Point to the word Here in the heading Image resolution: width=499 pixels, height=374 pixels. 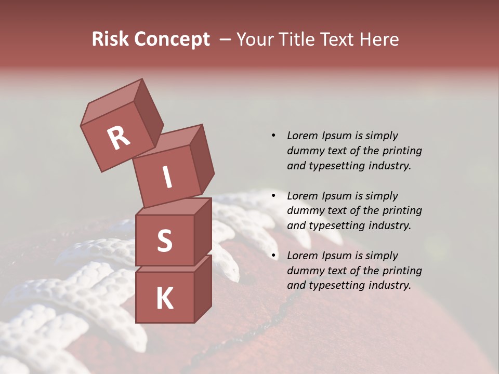click(381, 39)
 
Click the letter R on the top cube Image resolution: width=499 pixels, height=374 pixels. click(119, 138)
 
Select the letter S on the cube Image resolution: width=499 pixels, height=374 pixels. click(164, 241)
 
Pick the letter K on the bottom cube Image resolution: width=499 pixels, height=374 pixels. click(164, 299)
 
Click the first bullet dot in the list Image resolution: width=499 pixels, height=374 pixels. click(273, 136)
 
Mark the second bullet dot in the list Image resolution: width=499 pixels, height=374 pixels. click(273, 196)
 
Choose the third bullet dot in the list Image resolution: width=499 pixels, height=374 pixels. click(273, 256)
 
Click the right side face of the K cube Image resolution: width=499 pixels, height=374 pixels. click(203, 288)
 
